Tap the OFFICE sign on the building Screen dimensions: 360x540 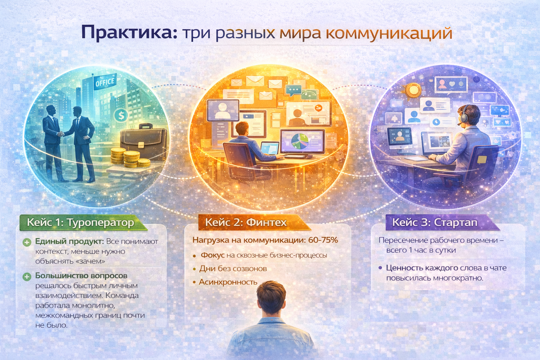(105, 83)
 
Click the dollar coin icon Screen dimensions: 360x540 (121, 115)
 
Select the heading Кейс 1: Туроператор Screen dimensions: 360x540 (81, 223)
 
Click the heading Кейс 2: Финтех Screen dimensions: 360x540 (246, 222)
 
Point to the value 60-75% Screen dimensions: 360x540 (323, 240)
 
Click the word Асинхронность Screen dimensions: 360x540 (228, 282)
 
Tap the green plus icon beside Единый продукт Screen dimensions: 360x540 (27, 242)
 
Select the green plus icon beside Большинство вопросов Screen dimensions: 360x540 (27, 277)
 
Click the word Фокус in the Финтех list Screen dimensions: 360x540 (212, 255)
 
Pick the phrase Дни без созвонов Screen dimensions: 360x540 (233, 269)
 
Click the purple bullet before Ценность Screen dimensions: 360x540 (380, 268)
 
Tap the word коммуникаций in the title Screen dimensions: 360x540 (388, 33)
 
